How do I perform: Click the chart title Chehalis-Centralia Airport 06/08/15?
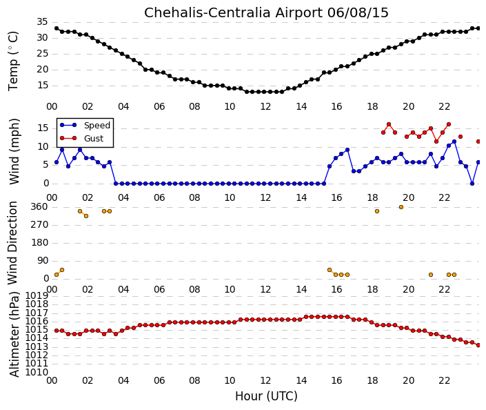266,13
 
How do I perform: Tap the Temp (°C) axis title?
13,61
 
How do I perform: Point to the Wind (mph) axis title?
14,151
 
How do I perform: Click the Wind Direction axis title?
12,243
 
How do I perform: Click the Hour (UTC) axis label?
266,396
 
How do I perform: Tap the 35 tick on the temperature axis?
42,22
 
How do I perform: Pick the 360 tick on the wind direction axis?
40,207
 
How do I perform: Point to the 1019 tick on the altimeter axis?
37,295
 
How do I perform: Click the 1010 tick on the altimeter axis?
37,372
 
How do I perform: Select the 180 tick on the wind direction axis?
40,243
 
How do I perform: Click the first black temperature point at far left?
57,28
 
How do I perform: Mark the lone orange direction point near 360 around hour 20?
401,207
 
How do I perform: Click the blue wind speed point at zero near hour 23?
472,184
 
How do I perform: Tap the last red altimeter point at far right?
478,345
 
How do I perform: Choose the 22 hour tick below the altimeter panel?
444,380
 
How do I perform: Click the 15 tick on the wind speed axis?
43,128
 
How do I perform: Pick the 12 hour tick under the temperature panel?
265,107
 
